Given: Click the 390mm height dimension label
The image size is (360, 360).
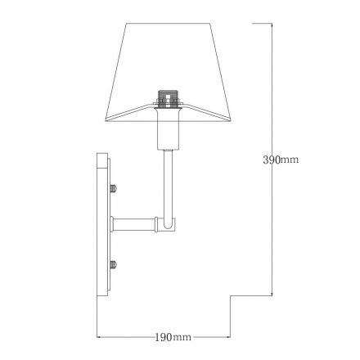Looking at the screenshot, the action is pyautogui.click(x=281, y=160).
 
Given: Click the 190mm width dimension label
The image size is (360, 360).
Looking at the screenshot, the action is pyautogui.click(x=173, y=337).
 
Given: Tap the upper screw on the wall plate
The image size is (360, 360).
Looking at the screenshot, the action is pyautogui.click(x=114, y=188).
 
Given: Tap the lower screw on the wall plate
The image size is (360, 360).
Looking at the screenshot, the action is pyautogui.click(x=114, y=264).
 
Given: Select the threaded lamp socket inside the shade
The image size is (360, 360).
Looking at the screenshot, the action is pyautogui.click(x=168, y=97).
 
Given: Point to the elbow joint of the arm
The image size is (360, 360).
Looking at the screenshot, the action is pyautogui.click(x=169, y=223).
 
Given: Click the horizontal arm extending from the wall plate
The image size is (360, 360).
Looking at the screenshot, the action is pyautogui.click(x=133, y=224).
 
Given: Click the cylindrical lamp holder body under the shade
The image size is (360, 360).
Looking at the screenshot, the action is pyautogui.click(x=168, y=128).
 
